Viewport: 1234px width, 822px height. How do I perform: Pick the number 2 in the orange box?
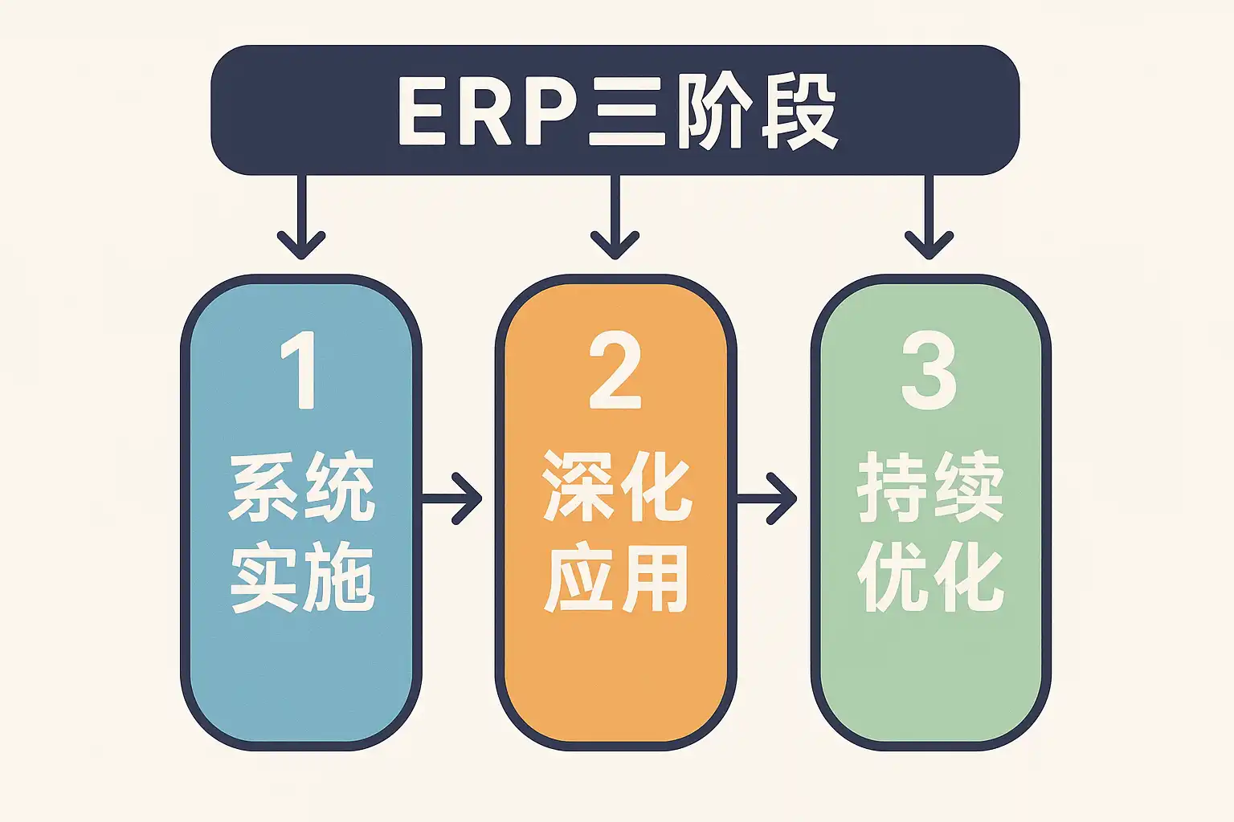(x=615, y=371)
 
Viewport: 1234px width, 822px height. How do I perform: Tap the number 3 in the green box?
(x=930, y=371)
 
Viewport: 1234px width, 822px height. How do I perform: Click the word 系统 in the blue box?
(x=302, y=487)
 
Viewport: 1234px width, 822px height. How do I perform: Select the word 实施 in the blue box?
(x=302, y=578)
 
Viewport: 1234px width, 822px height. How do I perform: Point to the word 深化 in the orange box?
(x=616, y=486)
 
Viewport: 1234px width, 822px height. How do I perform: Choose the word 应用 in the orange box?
(x=616, y=578)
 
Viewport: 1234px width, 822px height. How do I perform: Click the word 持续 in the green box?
(x=930, y=487)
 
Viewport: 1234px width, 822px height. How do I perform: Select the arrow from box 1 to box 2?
(x=452, y=499)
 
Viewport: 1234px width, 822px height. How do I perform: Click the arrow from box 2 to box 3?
(x=767, y=499)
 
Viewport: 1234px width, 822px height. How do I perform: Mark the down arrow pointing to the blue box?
(x=301, y=217)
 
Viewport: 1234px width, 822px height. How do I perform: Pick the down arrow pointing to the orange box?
(x=615, y=217)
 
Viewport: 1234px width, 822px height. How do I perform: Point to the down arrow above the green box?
(x=929, y=217)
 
